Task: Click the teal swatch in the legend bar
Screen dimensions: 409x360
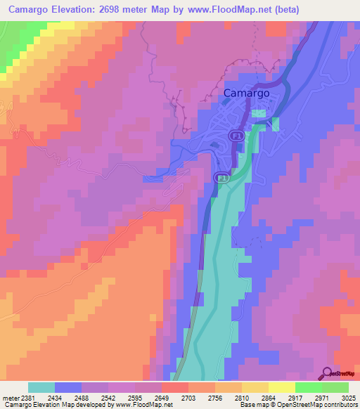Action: (x=41, y=387)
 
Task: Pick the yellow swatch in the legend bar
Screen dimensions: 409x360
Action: (x=282, y=387)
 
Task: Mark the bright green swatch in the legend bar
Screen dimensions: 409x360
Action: (x=309, y=387)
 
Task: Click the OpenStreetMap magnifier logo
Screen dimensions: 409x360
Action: (x=328, y=373)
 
